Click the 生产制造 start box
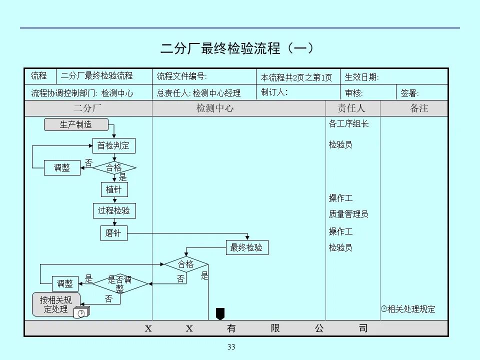point(76,124)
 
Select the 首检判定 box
point(113,146)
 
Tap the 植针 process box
point(113,189)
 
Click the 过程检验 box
point(114,210)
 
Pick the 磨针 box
point(113,233)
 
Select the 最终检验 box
point(246,247)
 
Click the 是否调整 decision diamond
point(120,283)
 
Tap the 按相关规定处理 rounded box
point(56,304)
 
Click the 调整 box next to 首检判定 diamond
point(62,168)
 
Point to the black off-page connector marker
point(220,313)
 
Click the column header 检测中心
point(214,108)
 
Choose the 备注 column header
point(419,108)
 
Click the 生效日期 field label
point(362,77)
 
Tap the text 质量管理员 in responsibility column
point(348,214)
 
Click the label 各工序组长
point(348,123)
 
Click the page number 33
point(231,347)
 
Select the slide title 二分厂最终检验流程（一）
point(237,48)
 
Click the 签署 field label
point(410,93)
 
